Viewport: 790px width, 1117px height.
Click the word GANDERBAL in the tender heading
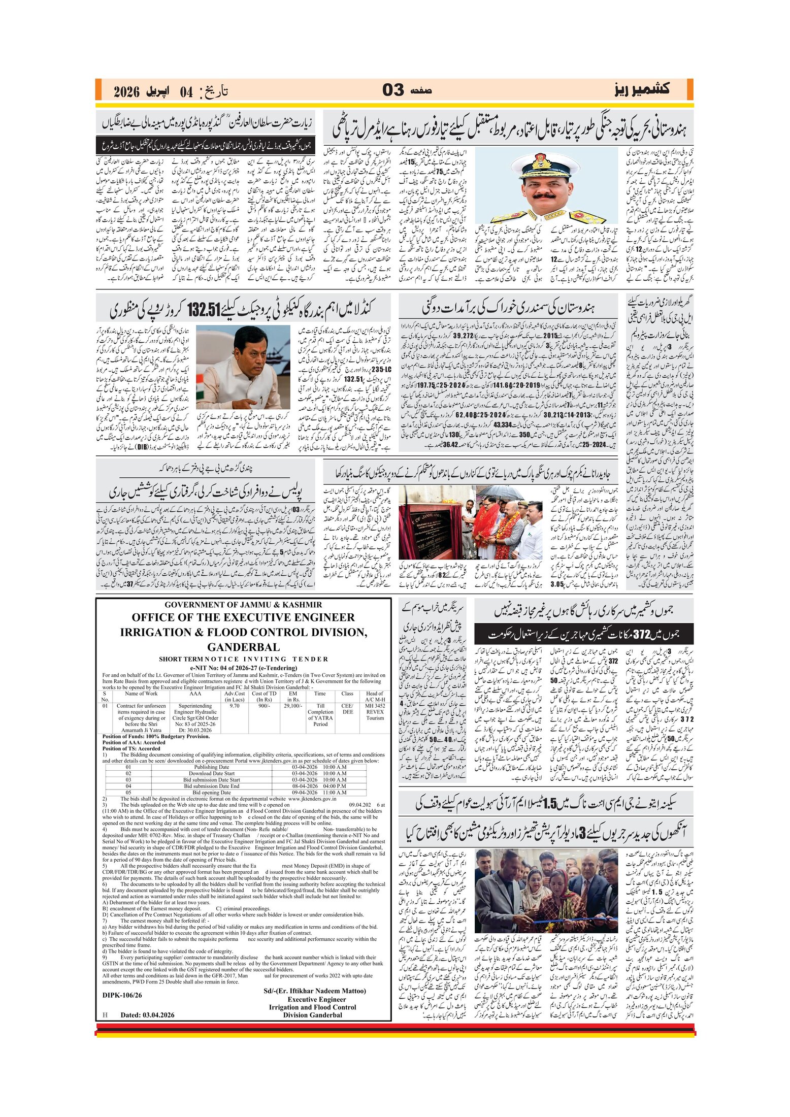coord(243,647)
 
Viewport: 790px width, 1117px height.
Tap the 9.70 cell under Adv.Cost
coord(235,706)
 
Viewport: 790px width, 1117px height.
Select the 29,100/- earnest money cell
coord(293,706)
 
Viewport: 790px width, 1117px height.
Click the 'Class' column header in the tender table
coord(347,694)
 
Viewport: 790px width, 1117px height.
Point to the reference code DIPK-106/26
coord(122,995)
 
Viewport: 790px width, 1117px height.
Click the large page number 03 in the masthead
coord(393,90)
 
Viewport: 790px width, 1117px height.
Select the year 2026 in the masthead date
coord(126,92)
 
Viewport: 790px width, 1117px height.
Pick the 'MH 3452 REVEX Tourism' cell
coord(375,712)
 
